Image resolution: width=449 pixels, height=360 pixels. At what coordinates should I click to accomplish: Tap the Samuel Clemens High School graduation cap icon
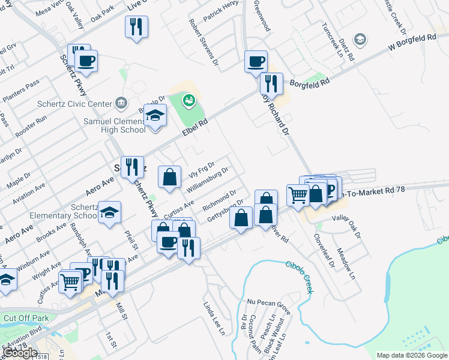click(x=155, y=115)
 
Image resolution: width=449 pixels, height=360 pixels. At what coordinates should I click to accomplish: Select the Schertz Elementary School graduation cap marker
click(x=110, y=212)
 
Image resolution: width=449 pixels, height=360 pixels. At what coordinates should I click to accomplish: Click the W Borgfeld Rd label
click(x=412, y=41)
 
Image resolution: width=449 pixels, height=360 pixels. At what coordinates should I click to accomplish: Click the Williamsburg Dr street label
click(x=208, y=179)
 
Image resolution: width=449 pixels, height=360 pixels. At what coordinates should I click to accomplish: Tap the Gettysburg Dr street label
click(x=224, y=210)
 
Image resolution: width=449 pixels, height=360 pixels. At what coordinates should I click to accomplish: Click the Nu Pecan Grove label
click(x=268, y=303)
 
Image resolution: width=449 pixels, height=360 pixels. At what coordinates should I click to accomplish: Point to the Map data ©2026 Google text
click(x=411, y=355)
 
